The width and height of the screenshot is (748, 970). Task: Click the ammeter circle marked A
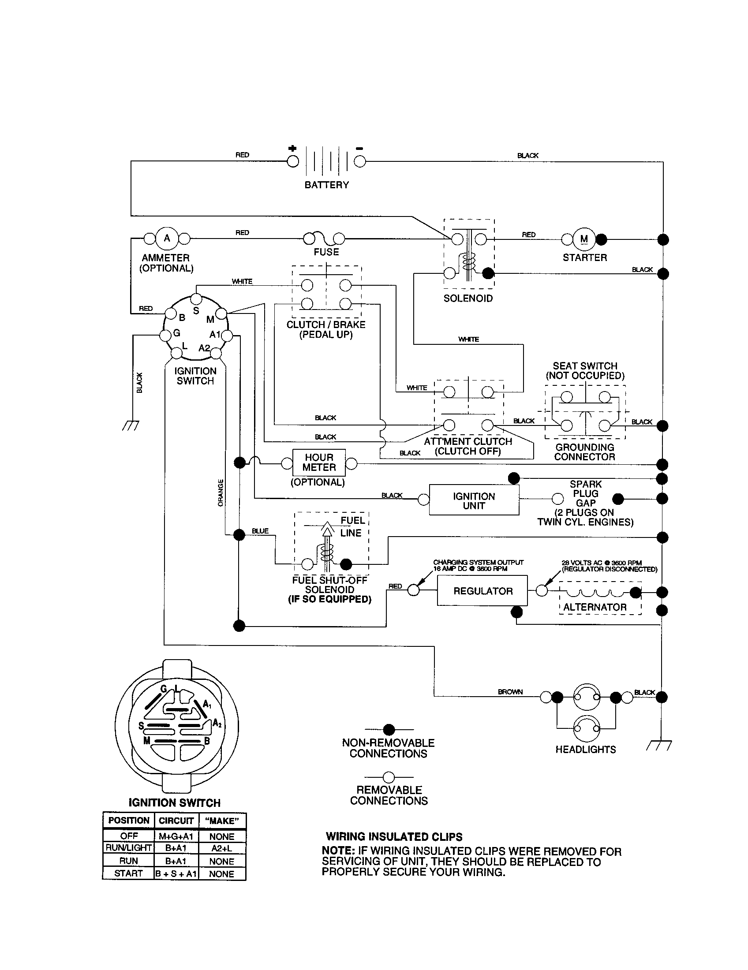point(167,239)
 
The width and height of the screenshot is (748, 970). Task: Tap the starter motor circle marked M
point(583,239)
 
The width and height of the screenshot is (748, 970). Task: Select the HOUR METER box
point(319,463)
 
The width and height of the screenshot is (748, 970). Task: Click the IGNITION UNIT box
point(474,500)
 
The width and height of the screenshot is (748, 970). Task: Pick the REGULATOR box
point(482,591)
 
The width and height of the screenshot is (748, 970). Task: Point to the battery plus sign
point(292,148)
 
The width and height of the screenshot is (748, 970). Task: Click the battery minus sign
point(360,149)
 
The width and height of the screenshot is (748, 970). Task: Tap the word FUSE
point(326,252)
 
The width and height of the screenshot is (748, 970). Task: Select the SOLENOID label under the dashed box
point(468,298)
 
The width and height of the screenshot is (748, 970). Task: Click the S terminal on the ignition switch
point(196,298)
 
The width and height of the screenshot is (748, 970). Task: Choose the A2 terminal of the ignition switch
point(216,353)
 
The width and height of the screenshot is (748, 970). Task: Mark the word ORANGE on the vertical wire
point(221,492)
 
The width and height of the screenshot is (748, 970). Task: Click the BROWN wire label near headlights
point(510,691)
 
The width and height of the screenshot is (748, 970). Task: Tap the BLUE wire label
point(260,531)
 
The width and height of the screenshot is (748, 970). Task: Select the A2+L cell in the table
point(221,847)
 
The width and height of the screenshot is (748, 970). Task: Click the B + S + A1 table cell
point(176,873)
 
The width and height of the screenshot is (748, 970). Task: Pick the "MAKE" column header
point(222,821)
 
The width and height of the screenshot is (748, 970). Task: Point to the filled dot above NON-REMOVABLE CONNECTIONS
point(389,729)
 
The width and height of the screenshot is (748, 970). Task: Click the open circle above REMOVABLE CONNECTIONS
point(389,777)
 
